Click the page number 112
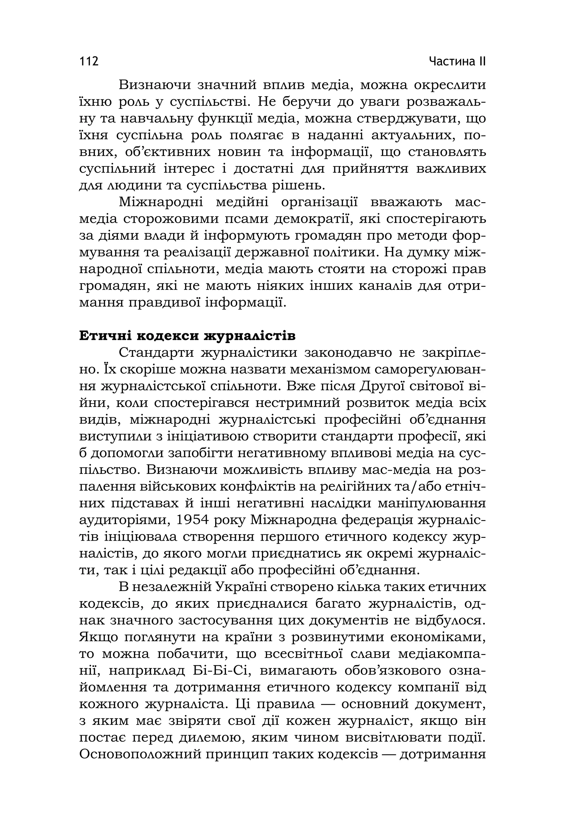(89, 61)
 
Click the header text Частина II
(457, 61)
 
